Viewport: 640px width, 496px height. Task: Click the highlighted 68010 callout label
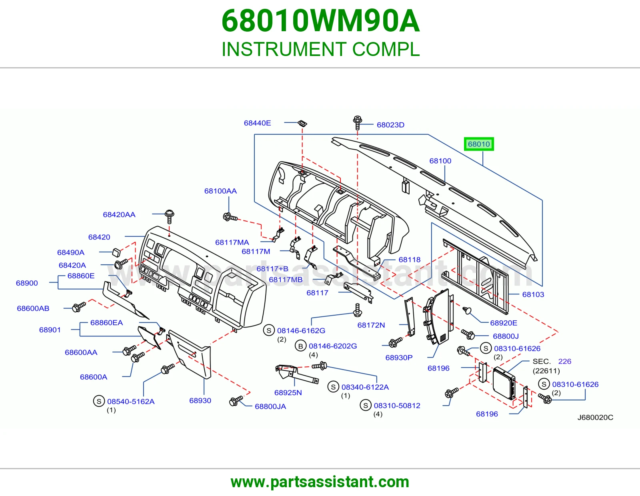(x=479, y=144)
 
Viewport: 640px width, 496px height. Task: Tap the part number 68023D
(x=390, y=125)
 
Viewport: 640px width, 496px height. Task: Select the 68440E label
(x=258, y=123)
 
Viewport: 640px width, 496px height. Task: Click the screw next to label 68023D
(x=357, y=122)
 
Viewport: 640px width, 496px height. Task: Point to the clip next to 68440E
(x=302, y=123)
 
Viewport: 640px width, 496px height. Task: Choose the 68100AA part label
(x=220, y=191)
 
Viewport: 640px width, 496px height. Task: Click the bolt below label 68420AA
(x=169, y=216)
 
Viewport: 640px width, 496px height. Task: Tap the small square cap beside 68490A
(x=116, y=252)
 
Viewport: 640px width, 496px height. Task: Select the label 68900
(x=27, y=283)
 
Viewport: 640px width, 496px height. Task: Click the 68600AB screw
(x=79, y=307)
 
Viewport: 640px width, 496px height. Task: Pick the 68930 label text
(x=200, y=400)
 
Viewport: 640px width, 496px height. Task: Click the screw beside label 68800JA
(x=236, y=401)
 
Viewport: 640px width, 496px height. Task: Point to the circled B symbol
(x=301, y=346)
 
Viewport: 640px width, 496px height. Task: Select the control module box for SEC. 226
(x=504, y=383)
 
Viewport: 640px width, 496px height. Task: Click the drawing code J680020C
(x=595, y=417)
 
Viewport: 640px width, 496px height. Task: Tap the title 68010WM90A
(x=320, y=21)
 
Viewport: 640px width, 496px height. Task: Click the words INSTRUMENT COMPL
(x=320, y=49)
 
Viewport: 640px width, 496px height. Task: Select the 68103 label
(x=533, y=294)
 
